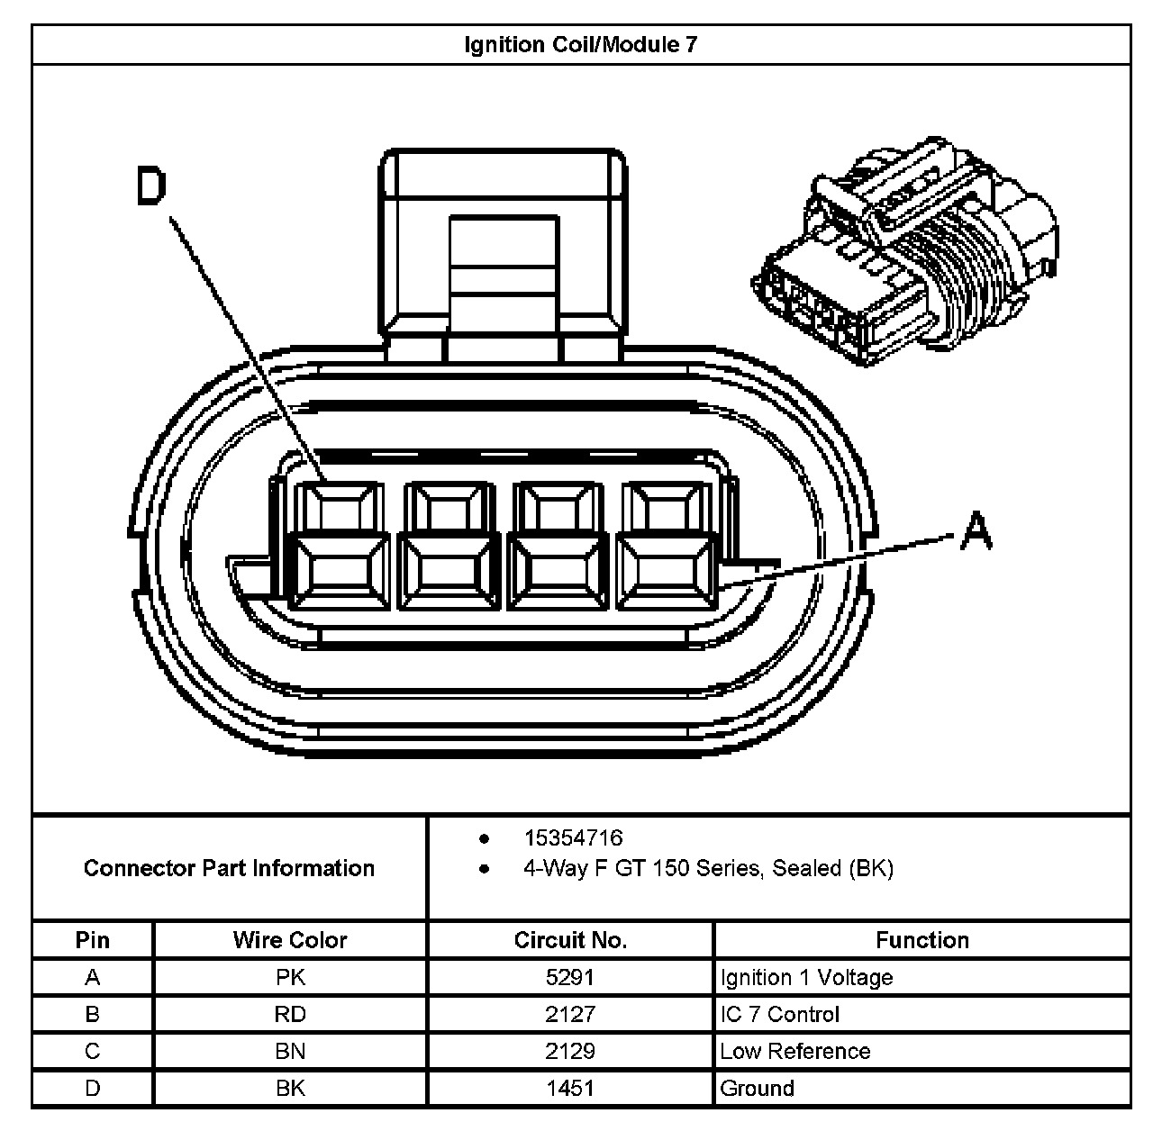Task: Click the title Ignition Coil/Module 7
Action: [580, 44]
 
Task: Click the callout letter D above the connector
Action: [151, 188]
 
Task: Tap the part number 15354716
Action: [573, 838]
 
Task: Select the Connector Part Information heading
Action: [229, 868]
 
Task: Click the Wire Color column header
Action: [290, 940]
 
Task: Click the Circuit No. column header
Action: [570, 940]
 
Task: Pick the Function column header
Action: [922, 940]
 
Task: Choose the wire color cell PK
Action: [290, 978]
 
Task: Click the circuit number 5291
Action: [570, 978]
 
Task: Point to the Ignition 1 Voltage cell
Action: [806, 978]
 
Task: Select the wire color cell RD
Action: [290, 1015]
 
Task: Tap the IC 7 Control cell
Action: [779, 1015]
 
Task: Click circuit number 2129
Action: [570, 1052]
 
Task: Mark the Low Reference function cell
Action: [794, 1052]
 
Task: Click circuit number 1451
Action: [570, 1089]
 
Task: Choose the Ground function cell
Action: [757, 1089]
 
